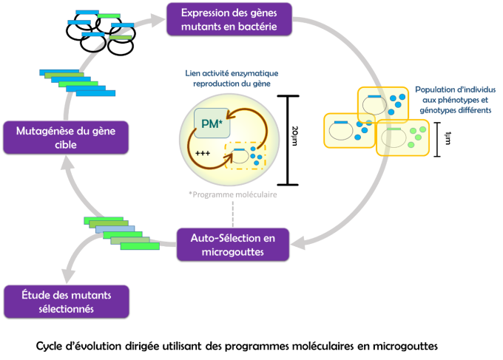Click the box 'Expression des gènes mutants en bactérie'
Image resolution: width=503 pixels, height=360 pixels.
click(229, 18)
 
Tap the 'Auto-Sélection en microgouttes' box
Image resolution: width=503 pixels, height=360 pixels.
click(233, 244)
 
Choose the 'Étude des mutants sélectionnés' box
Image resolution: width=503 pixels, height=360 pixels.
click(66, 302)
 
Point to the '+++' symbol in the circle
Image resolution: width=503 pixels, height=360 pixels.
click(202, 153)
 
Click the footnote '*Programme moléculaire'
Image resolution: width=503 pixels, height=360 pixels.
click(232, 194)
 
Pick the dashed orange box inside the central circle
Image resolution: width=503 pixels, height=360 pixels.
click(244, 154)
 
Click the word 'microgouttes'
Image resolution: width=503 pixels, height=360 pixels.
click(233, 252)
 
